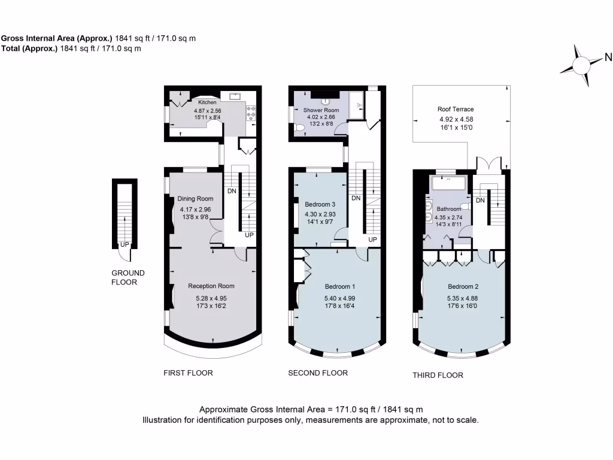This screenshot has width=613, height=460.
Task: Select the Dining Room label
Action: (x=195, y=199)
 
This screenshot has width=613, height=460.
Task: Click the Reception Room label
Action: (x=211, y=286)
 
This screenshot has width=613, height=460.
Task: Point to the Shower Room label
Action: (x=321, y=110)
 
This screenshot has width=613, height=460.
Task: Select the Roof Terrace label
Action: (x=456, y=109)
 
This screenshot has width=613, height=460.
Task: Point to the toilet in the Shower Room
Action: (x=299, y=126)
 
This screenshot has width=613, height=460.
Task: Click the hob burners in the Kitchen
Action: (x=251, y=111)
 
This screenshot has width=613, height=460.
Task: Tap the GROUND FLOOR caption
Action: (x=128, y=277)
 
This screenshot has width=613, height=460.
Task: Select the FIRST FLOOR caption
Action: (x=188, y=373)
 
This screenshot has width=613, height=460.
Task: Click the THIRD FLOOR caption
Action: (x=438, y=376)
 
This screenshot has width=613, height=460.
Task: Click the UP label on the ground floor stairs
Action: (x=125, y=244)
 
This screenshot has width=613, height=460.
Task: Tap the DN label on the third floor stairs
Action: (x=480, y=200)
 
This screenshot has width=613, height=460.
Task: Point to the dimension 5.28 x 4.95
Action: (x=211, y=298)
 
